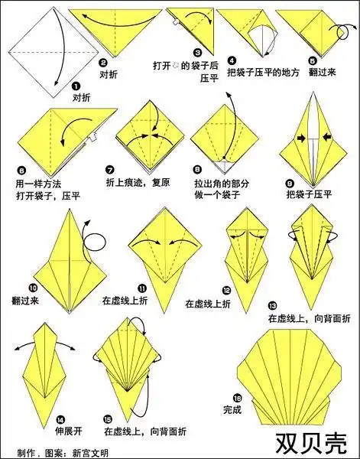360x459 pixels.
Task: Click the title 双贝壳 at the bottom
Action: tap(314, 441)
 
